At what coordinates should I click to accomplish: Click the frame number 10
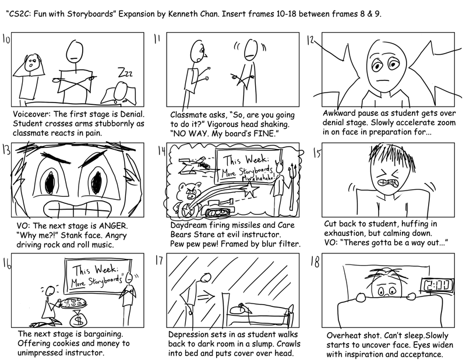(x=8, y=40)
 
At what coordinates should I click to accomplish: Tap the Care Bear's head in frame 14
(x=188, y=192)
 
